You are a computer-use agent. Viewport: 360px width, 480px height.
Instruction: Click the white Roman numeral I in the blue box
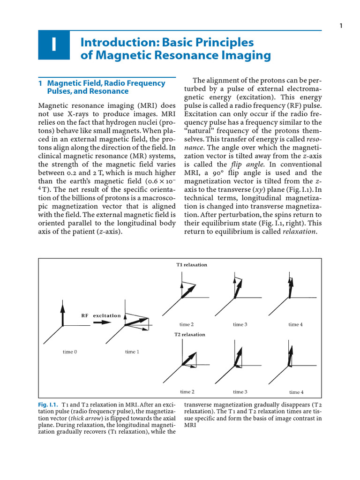click(54, 45)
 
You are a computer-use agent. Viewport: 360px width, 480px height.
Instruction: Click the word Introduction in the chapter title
click(114, 42)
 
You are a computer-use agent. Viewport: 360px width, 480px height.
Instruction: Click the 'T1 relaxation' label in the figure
click(192, 265)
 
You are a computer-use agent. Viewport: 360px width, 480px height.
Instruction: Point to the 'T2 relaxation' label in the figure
click(190, 335)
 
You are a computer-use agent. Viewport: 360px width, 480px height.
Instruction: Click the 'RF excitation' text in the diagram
click(101, 315)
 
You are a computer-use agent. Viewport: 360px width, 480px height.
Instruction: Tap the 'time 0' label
click(70, 352)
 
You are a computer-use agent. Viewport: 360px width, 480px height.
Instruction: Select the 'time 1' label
click(132, 352)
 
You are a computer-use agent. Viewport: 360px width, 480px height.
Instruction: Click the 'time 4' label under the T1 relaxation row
click(296, 324)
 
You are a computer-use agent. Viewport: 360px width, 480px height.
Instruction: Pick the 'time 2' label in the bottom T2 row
click(187, 392)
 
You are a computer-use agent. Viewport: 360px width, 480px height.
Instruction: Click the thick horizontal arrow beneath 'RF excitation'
click(100, 323)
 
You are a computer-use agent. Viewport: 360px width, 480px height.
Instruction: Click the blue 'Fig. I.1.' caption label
click(47, 404)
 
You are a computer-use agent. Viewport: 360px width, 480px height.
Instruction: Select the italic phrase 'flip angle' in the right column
click(244, 164)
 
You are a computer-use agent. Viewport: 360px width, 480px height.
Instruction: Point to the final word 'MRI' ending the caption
click(190, 425)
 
